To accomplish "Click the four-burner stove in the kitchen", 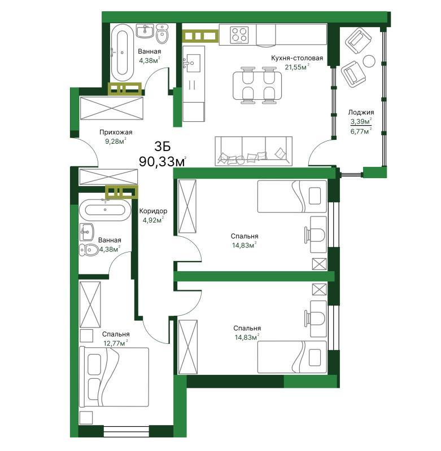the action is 239,35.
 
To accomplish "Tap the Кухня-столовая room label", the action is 297,58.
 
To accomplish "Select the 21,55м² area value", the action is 297,67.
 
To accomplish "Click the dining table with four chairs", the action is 257,85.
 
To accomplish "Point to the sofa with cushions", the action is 254,151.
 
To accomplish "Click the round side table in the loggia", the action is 369,61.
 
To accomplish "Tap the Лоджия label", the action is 361,112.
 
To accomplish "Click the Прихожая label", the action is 116,132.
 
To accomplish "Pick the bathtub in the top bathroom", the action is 122,52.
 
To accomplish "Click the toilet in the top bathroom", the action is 162,33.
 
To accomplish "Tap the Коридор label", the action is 153,211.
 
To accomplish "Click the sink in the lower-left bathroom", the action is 87,232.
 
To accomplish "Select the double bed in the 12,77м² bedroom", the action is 114,377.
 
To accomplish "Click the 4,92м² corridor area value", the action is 153,220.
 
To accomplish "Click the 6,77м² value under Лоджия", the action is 361,131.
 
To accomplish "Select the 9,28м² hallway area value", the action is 116,142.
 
